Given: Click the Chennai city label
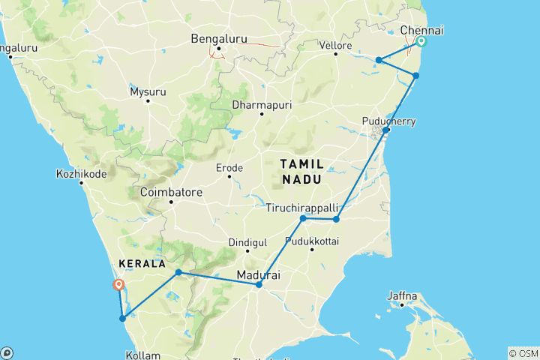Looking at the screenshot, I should pos(422,30).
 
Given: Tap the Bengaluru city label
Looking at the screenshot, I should pos(218,38).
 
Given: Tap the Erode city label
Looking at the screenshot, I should pos(229,166).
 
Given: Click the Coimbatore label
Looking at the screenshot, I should pos(171,192).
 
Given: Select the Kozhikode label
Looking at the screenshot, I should pos(81,174).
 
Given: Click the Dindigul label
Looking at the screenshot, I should pos(247,242).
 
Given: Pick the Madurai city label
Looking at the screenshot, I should pos(259,275).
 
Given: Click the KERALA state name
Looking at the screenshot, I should pos(141,264).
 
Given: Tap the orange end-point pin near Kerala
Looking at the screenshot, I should pos(118,284).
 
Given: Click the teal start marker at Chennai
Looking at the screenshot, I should pos(421,42).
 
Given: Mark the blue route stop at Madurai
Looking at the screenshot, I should pos(259,285).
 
